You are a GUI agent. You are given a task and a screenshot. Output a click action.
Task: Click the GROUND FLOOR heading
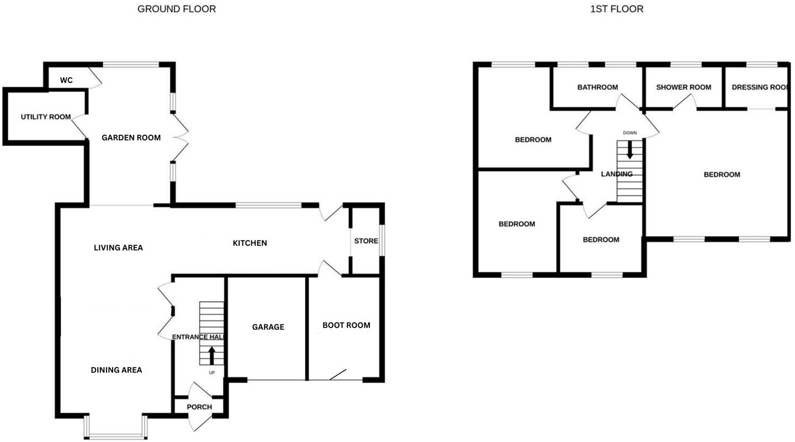pyautogui.click(x=177, y=9)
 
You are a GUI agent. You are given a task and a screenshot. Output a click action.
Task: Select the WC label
pyautogui.click(x=66, y=81)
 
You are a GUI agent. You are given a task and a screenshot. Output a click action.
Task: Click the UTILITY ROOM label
pyautogui.click(x=46, y=117)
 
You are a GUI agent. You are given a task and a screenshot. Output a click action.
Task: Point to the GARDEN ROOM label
pyautogui.click(x=131, y=138)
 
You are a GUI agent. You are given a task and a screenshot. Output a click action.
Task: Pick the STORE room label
pyautogui.click(x=366, y=241)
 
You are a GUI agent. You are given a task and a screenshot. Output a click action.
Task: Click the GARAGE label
pyautogui.click(x=268, y=327)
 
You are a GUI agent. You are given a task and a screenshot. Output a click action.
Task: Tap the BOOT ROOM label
pyautogui.click(x=346, y=325)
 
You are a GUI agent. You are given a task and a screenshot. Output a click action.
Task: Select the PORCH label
pyautogui.click(x=199, y=407)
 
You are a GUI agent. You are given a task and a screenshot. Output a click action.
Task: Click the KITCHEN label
pyautogui.click(x=250, y=243)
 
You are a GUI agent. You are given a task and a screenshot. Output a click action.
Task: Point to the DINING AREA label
pyautogui.click(x=116, y=370)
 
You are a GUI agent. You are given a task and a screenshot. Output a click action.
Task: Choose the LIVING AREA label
pyautogui.click(x=118, y=248)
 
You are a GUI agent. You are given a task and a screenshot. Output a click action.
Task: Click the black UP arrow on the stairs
pyautogui.click(x=211, y=355)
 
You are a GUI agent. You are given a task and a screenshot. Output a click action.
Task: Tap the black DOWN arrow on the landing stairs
pyautogui.click(x=629, y=150)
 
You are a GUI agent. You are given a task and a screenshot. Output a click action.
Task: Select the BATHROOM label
pyautogui.click(x=597, y=87)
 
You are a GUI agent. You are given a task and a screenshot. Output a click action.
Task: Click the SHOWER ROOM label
pyautogui.click(x=683, y=87)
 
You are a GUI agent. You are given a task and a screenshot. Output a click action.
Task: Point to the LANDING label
pyautogui.click(x=617, y=174)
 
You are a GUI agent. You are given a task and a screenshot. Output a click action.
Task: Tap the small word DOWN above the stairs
pyautogui.click(x=629, y=133)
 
